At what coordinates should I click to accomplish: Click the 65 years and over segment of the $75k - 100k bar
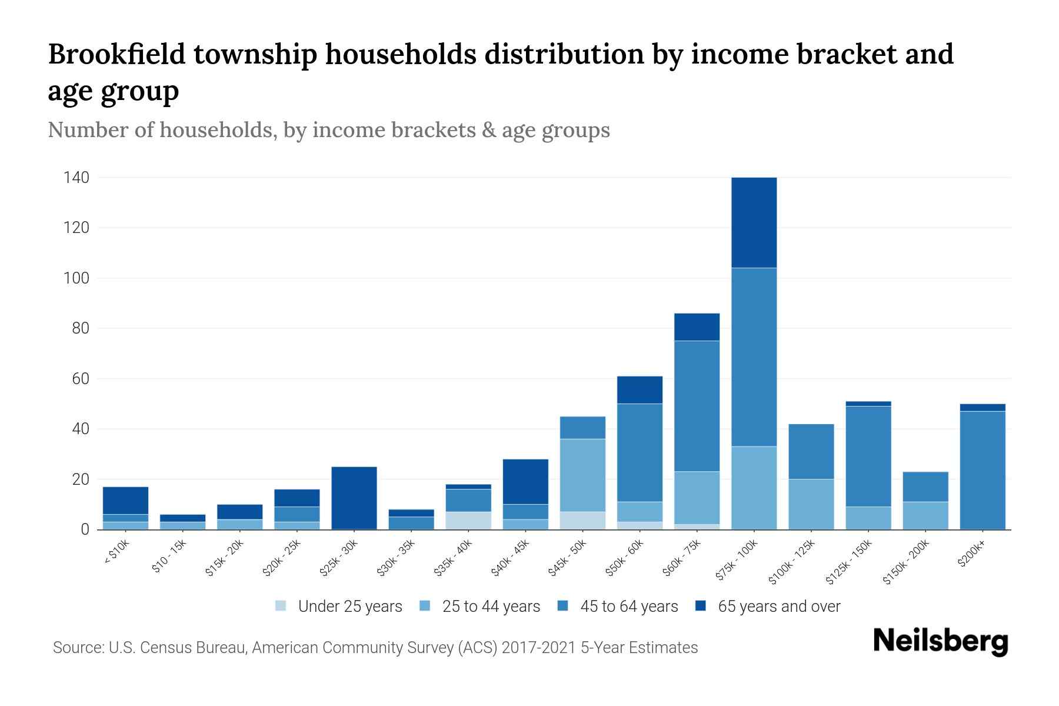[x=754, y=222]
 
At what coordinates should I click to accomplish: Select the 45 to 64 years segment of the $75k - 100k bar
[x=754, y=357]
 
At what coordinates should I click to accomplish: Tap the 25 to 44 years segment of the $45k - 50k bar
[x=582, y=475]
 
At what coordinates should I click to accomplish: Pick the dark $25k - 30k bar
[x=354, y=498]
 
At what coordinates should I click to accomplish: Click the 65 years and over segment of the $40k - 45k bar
[x=525, y=481]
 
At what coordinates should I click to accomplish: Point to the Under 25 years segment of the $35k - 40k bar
[x=468, y=521]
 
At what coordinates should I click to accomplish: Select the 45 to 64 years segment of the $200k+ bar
[x=983, y=470]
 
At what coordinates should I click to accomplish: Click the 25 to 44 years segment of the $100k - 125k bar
[x=811, y=504]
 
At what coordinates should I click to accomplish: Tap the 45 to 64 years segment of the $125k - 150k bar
[x=868, y=456]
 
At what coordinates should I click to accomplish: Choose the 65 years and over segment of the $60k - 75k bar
[x=697, y=327]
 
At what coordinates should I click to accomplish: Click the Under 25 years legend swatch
[x=281, y=605]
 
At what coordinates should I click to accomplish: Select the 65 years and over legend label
[x=779, y=607]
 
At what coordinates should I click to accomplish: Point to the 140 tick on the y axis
[x=76, y=178]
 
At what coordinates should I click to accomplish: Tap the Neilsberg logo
[x=940, y=641]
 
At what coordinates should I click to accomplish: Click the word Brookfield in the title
[x=116, y=55]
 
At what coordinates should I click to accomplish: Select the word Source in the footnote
[x=76, y=648]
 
